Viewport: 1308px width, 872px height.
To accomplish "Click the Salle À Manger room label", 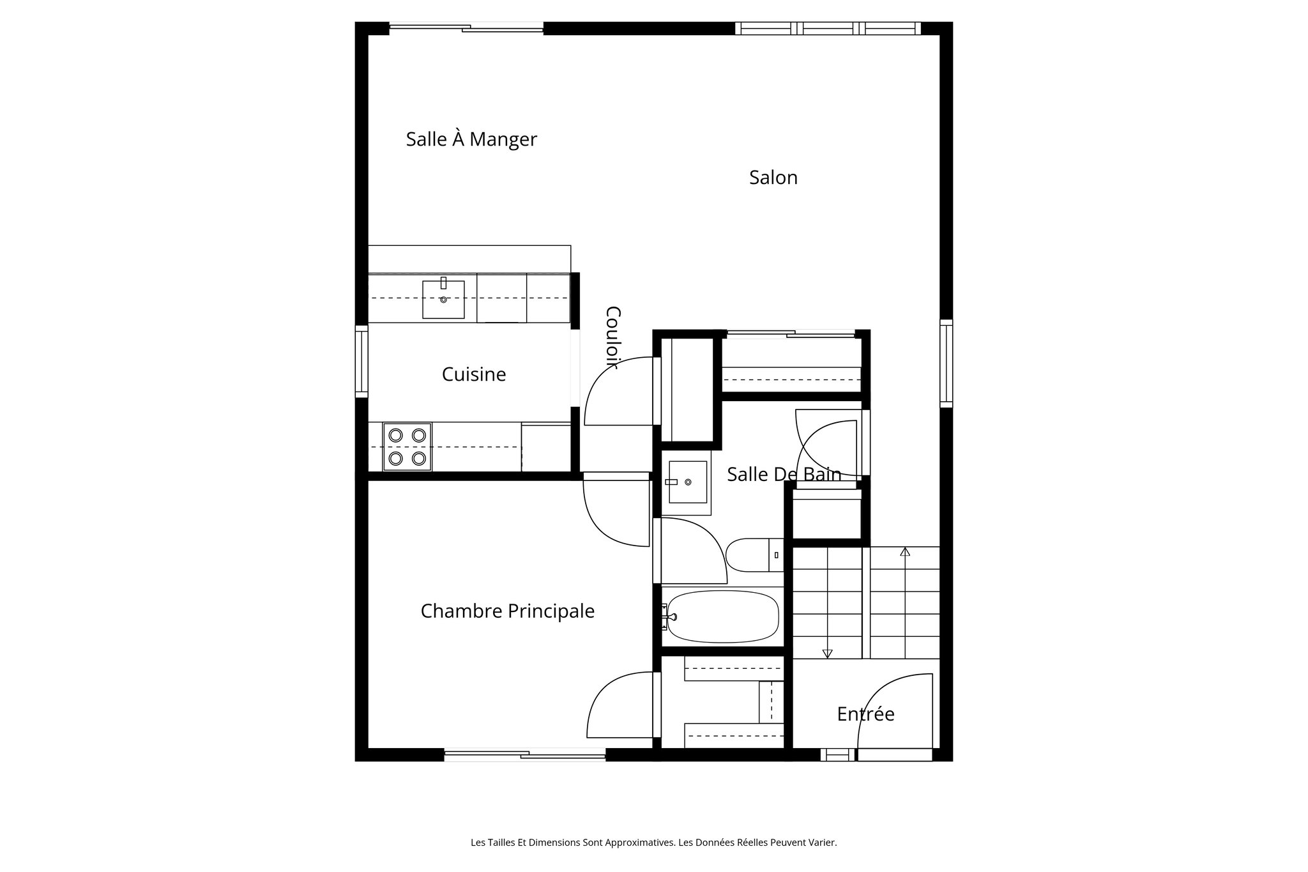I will pyautogui.click(x=471, y=139).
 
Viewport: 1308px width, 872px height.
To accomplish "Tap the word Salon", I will pyautogui.click(x=773, y=178).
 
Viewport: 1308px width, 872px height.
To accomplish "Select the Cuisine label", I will pyautogui.click(x=473, y=374).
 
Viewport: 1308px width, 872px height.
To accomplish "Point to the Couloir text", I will pyautogui.click(x=612, y=337).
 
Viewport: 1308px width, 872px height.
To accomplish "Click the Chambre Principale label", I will pyautogui.click(x=507, y=611).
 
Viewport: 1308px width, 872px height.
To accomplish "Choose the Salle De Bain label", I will pyautogui.click(x=784, y=474).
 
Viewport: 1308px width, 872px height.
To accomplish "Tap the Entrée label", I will pyautogui.click(x=865, y=714).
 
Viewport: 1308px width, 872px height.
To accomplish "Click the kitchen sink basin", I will pyautogui.click(x=443, y=300).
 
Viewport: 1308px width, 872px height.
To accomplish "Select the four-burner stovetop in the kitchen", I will pyautogui.click(x=407, y=447).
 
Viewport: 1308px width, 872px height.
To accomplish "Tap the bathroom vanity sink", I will pyautogui.click(x=687, y=482).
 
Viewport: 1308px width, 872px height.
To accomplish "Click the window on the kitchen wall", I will pyautogui.click(x=361, y=362).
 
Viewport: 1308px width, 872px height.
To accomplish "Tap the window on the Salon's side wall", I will pyautogui.click(x=946, y=363).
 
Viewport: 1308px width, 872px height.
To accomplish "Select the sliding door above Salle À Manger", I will pyautogui.click(x=466, y=27).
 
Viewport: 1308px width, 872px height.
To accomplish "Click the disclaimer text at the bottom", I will pyautogui.click(x=653, y=843).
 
